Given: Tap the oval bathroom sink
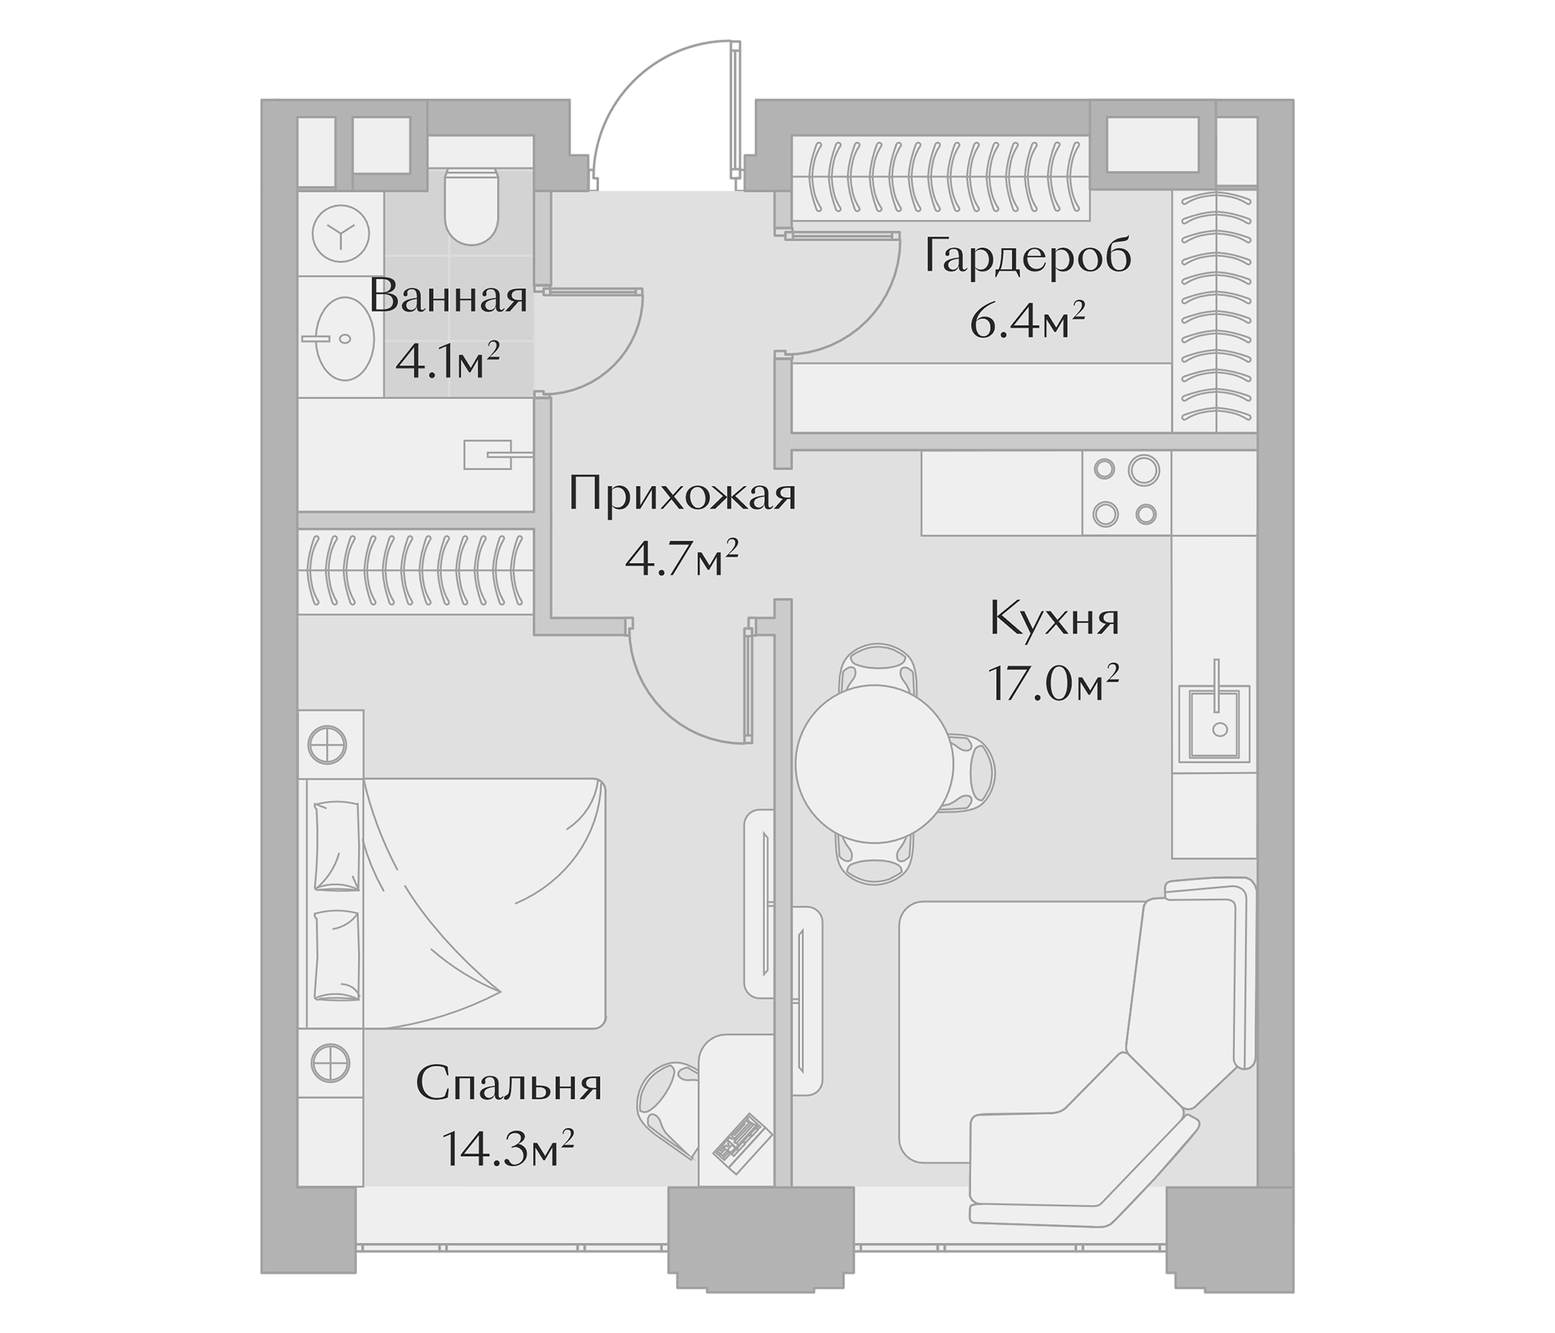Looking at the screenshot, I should [x=344, y=338].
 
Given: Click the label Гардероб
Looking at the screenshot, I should [x=1028, y=257].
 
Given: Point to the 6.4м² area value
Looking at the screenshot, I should [x=1028, y=323].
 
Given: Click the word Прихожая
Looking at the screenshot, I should [x=681, y=495].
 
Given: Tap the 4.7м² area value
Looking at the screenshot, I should [x=681, y=559].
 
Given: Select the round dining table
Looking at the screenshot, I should [x=875, y=764].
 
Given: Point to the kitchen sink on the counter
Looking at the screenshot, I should [x=1214, y=723].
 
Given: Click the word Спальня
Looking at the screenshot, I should [x=509, y=1086].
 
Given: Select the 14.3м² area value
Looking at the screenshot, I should [x=509, y=1149].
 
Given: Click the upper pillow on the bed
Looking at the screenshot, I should [x=336, y=846].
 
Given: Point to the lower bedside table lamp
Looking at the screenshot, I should [x=330, y=1063].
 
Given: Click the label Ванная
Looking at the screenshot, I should [x=448, y=297].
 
